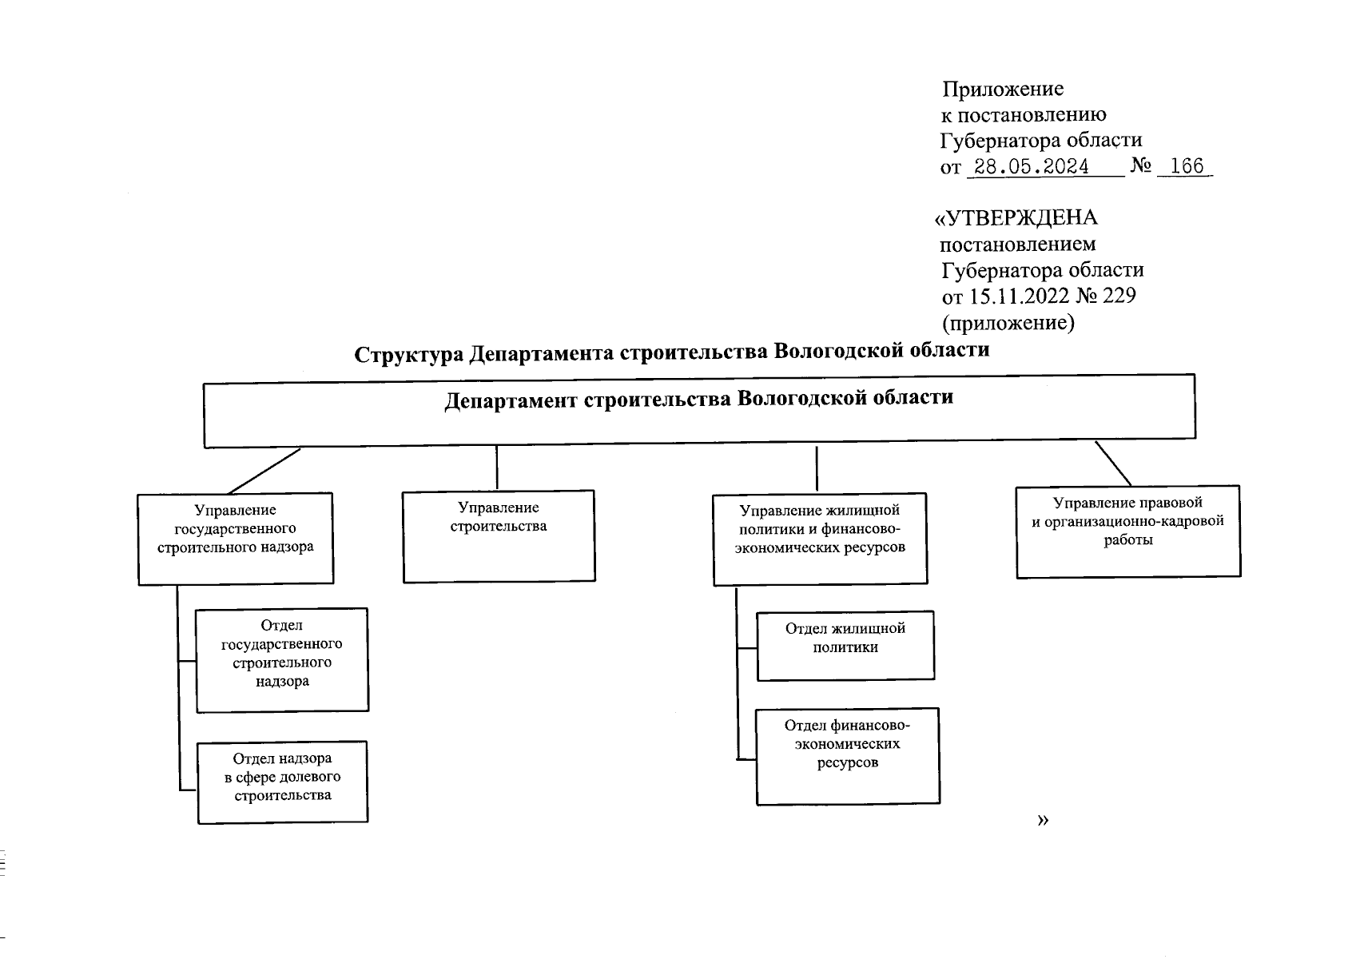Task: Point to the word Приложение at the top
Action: (1003, 89)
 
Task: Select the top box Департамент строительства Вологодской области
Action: (699, 410)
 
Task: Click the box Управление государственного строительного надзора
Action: (235, 538)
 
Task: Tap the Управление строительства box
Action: (499, 535)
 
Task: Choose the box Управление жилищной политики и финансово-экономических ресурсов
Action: (820, 539)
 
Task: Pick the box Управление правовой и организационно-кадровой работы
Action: (1127, 531)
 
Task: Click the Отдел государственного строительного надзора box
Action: (282, 659)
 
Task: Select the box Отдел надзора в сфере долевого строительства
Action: (282, 782)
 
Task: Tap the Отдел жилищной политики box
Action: (845, 646)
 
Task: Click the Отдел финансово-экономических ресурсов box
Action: (847, 755)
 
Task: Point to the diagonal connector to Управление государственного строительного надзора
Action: (264, 471)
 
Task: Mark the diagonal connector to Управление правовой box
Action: (1112, 463)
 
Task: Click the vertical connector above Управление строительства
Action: (497, 468)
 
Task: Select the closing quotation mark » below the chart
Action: (1042, 821)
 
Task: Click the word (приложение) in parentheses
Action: (1008, 323)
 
